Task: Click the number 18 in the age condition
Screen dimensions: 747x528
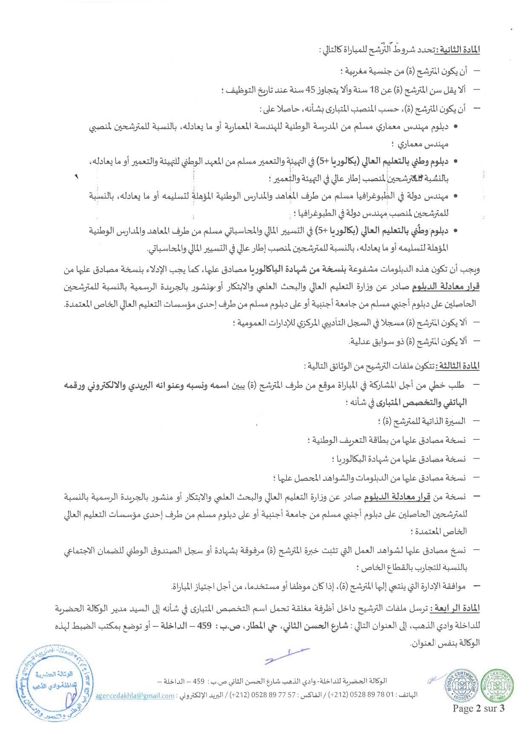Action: click(x=374, y=90)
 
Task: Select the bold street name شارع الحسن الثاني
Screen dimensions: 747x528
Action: click(x=312, y=626)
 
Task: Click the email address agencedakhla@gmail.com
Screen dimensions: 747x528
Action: click(x=135, y=696)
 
